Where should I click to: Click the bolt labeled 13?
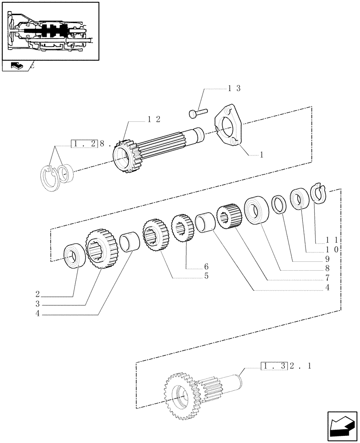tap(197, 113)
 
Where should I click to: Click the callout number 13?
tap(234, 89)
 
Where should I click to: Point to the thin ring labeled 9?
tap(279, 205)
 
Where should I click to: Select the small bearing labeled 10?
tap(299, 198)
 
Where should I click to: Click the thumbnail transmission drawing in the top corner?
tap(50, 31)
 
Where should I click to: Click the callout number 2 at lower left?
tap(39, 294)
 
